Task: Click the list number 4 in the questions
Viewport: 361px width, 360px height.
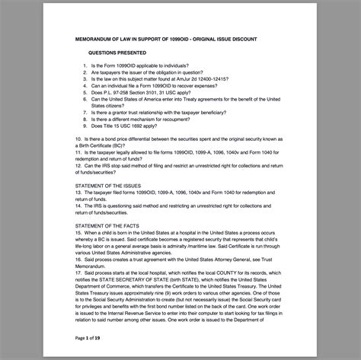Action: [x=85, y=84]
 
